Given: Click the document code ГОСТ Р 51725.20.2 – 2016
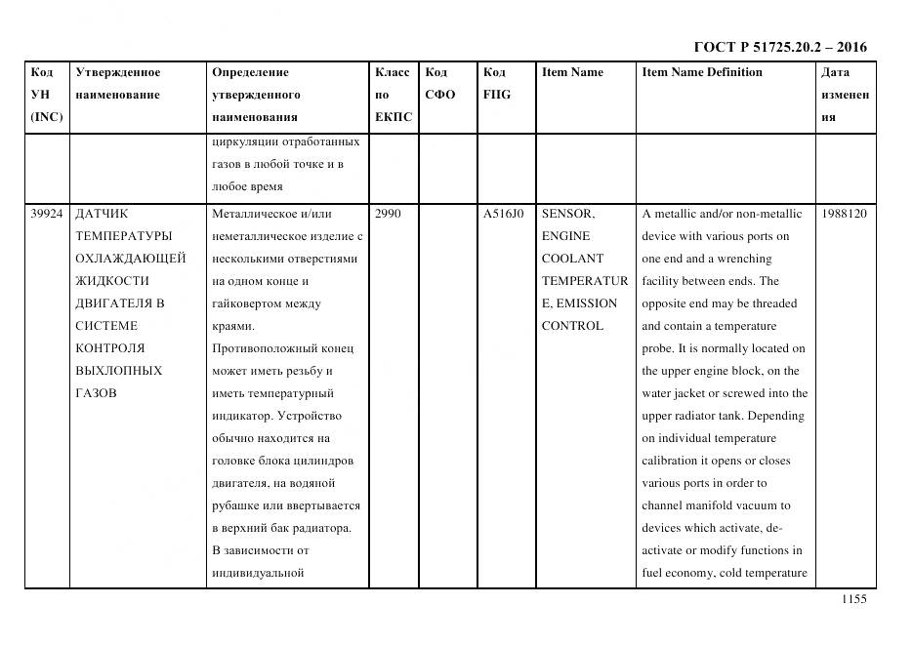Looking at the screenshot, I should click(x=779, y=47).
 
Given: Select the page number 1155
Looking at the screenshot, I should click(x=853, y=600).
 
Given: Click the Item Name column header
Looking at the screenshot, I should click(x=572, y=72).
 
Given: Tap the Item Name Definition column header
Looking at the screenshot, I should click(x=702, y=72).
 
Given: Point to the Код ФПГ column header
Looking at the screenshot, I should click(x=496, y=84).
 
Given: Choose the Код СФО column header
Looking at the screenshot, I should click(x=439, y=84).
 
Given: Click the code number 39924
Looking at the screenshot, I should click(x=46, y=214).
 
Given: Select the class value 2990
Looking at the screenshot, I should click(x=388, y=214).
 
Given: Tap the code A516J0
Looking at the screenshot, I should click(x=503, y=214).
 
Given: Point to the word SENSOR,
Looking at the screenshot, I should click(x=568, y=214).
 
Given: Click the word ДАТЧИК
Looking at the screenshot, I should click(x=102, y=214).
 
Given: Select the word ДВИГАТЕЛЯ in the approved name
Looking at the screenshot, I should click(x=120, y=303).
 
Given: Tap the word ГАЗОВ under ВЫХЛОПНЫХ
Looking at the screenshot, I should click(x=96, y=393).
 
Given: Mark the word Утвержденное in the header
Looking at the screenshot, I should click(x=118, y=72).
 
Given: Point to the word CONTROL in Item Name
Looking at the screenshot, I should click(x=572, y=326).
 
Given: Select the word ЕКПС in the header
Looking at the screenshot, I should click(x=394, y=117).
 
